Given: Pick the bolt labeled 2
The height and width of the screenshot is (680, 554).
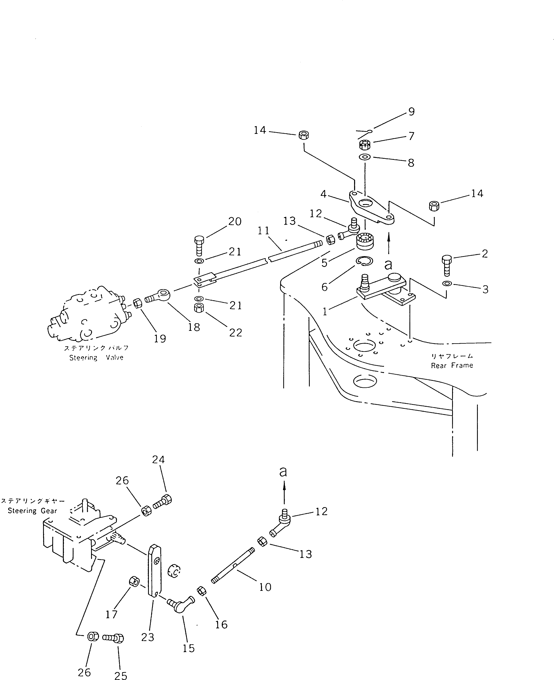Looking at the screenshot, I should (x=447, y=265).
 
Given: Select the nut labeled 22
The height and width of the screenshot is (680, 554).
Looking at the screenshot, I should (x=199, y=308).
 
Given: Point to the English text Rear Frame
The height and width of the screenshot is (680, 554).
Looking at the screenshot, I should (x=452, y=366).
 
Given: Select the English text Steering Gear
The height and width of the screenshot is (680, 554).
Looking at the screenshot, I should (x=32, y=511).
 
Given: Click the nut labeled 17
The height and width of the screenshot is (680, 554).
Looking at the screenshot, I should (x=134, y=581).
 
